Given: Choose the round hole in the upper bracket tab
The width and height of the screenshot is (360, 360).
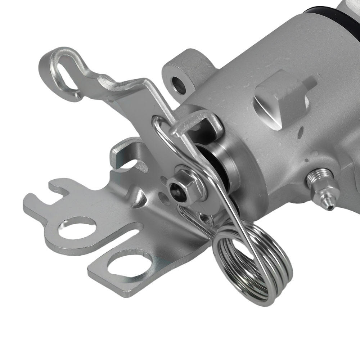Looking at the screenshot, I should tap(77, 229).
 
